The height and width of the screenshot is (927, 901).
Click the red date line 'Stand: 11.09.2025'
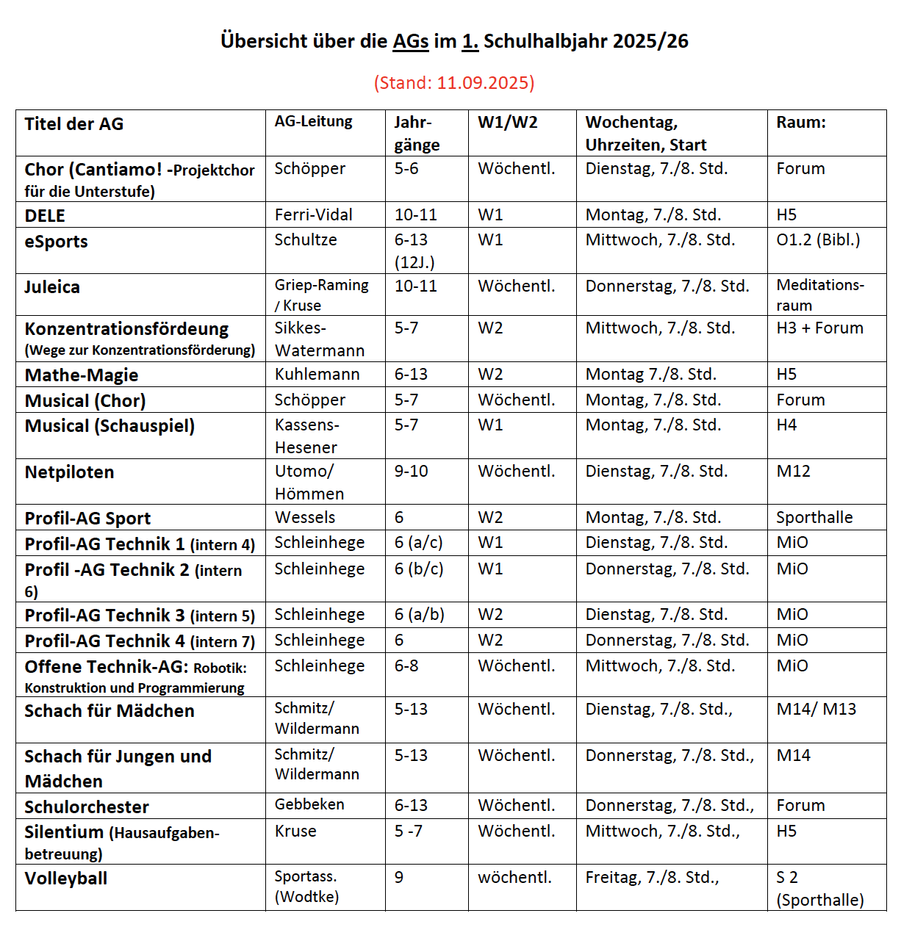pyautogui.click(x=454, y=82)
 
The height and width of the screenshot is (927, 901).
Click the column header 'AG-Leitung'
pyautogui.click(x=313, y=121)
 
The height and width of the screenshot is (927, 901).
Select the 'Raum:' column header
pyautogui.click(x=800, y=122)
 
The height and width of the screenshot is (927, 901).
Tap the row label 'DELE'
pyautogui.click(x=45, y=215)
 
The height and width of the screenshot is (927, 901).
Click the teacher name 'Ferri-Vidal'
pyautogui.click(x=313, y=214)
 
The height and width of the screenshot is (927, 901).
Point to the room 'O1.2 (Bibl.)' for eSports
pyautogui.click(x=817, y=239)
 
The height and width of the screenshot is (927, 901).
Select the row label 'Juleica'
pyautogui.click(x=52, y=286)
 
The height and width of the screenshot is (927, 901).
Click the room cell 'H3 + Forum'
pyautogui.click(x=819, y=328)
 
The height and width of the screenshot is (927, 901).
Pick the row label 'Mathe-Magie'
pyautogui.click(x=82, y=375)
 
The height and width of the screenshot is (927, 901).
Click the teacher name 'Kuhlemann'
pyautogui.click(x=317, y=374)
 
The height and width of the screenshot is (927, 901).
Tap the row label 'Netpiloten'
pyautogui.click(x=69, y=472)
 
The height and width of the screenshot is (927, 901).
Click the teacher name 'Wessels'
pyautogui.click(x=304, y=517)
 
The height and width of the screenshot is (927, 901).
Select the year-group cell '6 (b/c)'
pyautogui.click(x=419, y=569)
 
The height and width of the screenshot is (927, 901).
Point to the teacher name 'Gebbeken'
pyautogui.click(x=309, y=804)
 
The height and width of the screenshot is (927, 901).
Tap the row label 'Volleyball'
pyautogui.click(x=66, y=878)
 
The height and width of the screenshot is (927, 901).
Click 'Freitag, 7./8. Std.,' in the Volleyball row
pyautogui.click(x=652, y=877)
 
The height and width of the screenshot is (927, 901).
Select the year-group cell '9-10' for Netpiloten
pyautogui.click(x=411, y=471)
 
